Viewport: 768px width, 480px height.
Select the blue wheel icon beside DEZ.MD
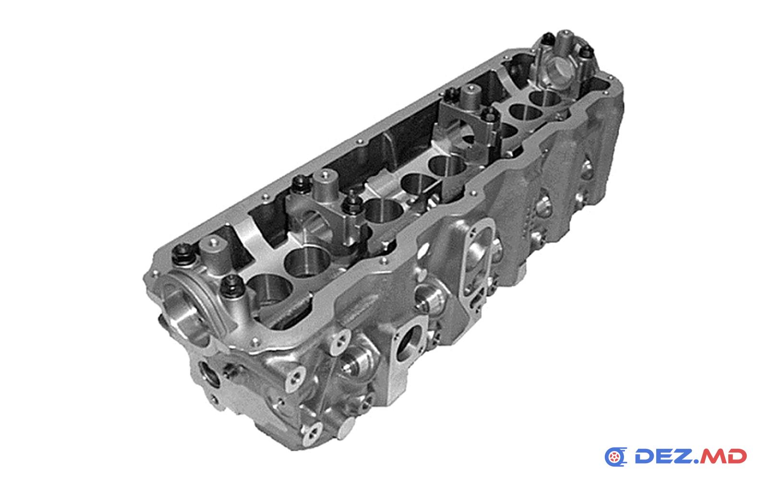tap(616, 456)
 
